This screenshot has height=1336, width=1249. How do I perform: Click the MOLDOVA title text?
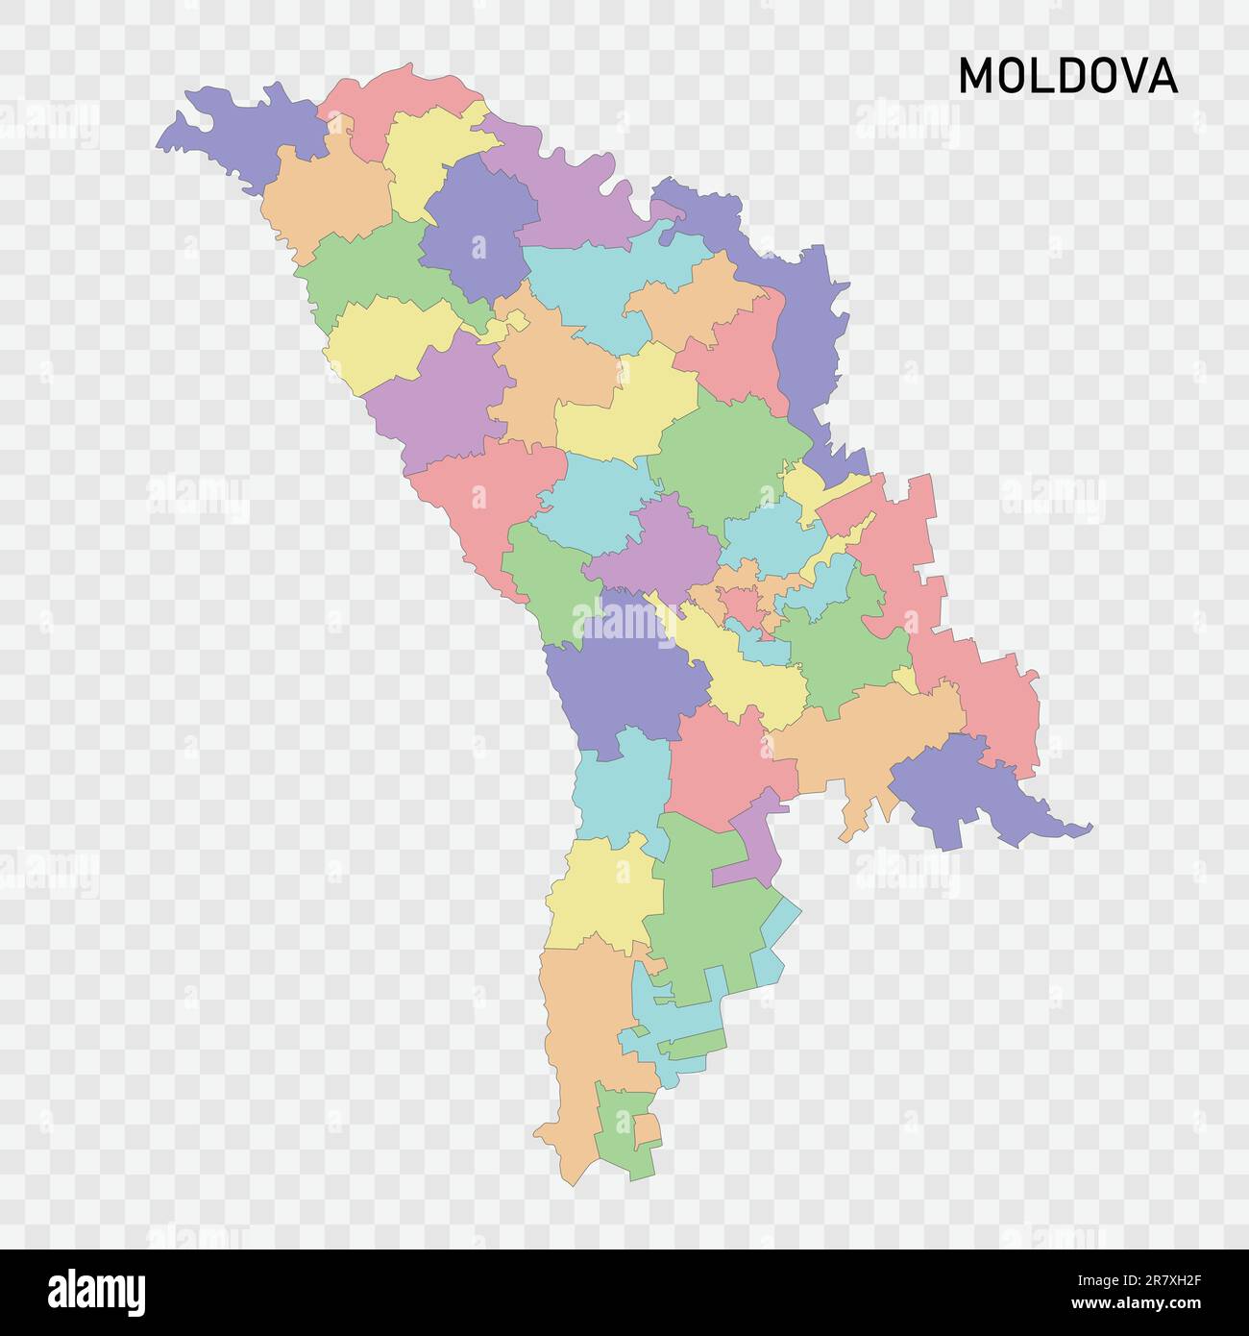pyautogui.click(x=1067, y=76)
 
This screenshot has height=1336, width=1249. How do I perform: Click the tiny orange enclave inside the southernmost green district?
pyautogui.click(x=647, y=1129)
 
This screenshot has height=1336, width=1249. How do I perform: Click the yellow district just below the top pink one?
pyautogui.click(x=428, y=154)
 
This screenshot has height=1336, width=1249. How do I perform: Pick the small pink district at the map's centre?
pyautogui.click(x=742, y=605)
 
